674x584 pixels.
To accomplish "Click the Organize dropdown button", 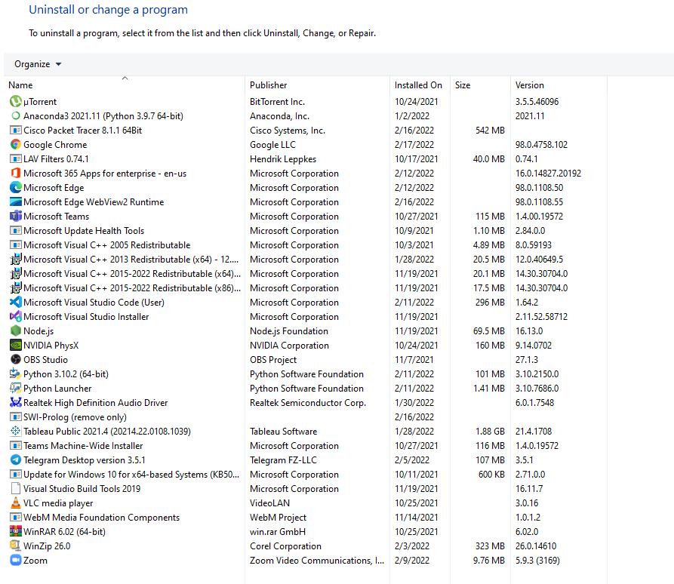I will click(x=38, y=64).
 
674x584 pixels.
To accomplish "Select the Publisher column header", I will click(x=269, y=85).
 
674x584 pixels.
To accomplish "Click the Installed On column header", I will click(x=418, y=85).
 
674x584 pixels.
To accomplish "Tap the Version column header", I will click(x=530, y=85).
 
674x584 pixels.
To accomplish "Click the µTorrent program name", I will click(x=40, y=102).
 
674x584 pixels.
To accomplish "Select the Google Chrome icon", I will click(x=16, y=145).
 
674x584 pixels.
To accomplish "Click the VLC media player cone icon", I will click(x=16, y=503).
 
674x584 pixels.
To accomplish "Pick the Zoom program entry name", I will click(x=35, y=561).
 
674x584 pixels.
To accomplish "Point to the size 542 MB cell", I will click(x=490, y=131).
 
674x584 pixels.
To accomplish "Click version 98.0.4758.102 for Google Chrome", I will click(x=541, y=145).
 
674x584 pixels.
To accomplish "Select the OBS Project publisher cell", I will click(x=273, y=360).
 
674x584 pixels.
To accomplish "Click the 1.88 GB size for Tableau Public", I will click(x=490, y=432).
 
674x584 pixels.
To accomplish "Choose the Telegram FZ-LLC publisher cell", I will click(x=283, y=460).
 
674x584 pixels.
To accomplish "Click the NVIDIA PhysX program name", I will click(x=51, y=346).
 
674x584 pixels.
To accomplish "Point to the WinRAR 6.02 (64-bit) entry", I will click(x=64, y=532).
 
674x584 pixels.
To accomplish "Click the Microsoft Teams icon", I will click(x=16, y=217).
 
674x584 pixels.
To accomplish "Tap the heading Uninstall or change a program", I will click(x=108, y=10).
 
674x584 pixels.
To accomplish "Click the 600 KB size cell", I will click(x=491, y=475).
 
